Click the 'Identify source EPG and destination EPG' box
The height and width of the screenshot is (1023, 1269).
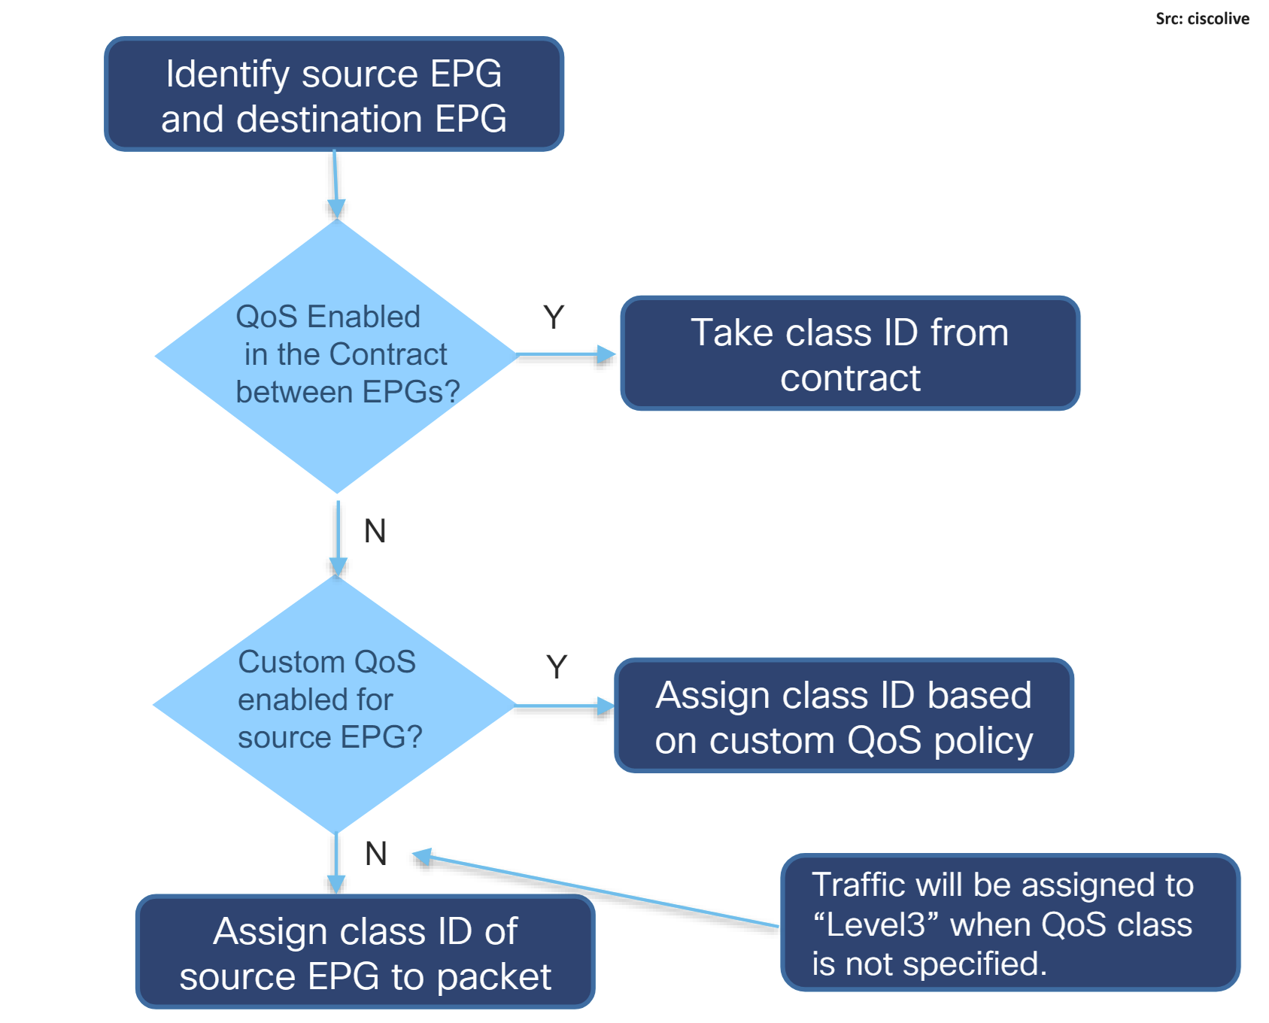[334, 94]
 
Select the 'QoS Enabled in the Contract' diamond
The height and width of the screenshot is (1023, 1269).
[337, 356]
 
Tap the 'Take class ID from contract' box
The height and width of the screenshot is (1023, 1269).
[850, 354]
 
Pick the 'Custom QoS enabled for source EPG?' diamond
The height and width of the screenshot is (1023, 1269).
[335, 705]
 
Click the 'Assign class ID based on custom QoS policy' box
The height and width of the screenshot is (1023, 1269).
[844, 716]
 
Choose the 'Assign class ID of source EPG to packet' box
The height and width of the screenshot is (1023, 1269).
[366, 952]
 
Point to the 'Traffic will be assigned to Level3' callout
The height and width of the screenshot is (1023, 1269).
[1010, 923]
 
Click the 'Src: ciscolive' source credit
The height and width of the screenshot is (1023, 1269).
[1202, 19]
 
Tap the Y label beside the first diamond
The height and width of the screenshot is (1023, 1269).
[554, 317]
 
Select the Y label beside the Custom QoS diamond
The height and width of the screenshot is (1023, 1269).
[557, 667]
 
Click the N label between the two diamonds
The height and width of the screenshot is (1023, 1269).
[375, 531]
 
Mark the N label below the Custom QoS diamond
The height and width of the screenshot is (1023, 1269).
[376, 854]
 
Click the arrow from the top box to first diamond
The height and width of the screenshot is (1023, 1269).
[335, 185]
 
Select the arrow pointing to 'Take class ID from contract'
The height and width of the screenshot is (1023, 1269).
[566, 354]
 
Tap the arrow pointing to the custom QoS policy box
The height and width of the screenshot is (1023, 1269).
[565, 706]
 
